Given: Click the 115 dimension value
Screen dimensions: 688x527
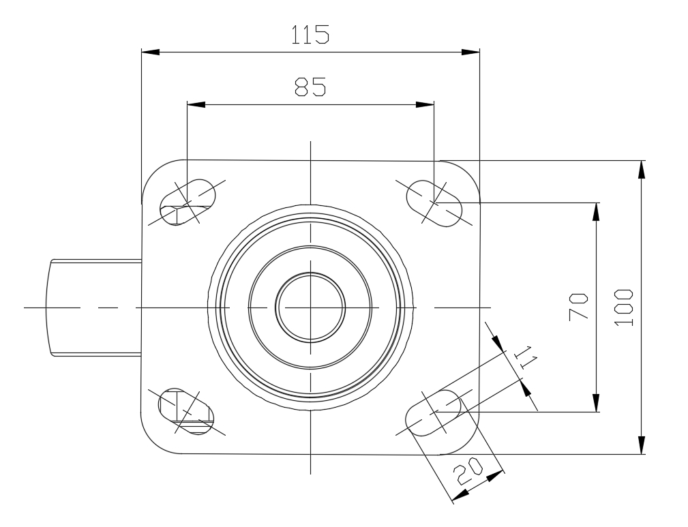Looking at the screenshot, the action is [310, 35].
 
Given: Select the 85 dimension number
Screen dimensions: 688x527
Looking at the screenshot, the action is [310, 87].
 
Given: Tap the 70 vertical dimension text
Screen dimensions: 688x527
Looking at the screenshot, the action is [578, 307].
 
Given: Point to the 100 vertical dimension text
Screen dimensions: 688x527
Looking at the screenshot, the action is [623, 307].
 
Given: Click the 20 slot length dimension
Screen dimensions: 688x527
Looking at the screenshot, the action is [468, 471].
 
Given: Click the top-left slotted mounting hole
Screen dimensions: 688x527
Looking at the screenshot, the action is [188, 202].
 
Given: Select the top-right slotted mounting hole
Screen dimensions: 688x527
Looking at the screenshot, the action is [434, 203].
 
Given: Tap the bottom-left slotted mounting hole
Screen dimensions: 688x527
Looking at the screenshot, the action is [186, 412].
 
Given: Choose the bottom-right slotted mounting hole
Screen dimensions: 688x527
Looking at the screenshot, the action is [433, 412].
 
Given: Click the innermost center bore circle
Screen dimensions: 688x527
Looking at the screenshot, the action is [310, 307].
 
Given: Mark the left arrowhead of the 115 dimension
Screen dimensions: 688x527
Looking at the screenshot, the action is [150, 52].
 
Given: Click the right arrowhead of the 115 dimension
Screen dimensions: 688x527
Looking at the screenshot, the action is [470, 52].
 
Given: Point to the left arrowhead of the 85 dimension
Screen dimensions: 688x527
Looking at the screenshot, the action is [196, 104].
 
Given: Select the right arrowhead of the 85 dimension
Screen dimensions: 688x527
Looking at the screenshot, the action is [425, 104].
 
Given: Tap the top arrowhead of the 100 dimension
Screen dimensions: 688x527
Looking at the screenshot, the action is [642, 170].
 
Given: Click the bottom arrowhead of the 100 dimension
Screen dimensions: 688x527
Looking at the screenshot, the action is [642, 445].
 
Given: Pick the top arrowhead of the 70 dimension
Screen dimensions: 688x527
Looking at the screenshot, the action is [596, 212].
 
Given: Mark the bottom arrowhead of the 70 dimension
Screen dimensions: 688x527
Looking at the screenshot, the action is [596, 403].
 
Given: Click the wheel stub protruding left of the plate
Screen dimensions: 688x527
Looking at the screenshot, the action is [93, 307].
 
